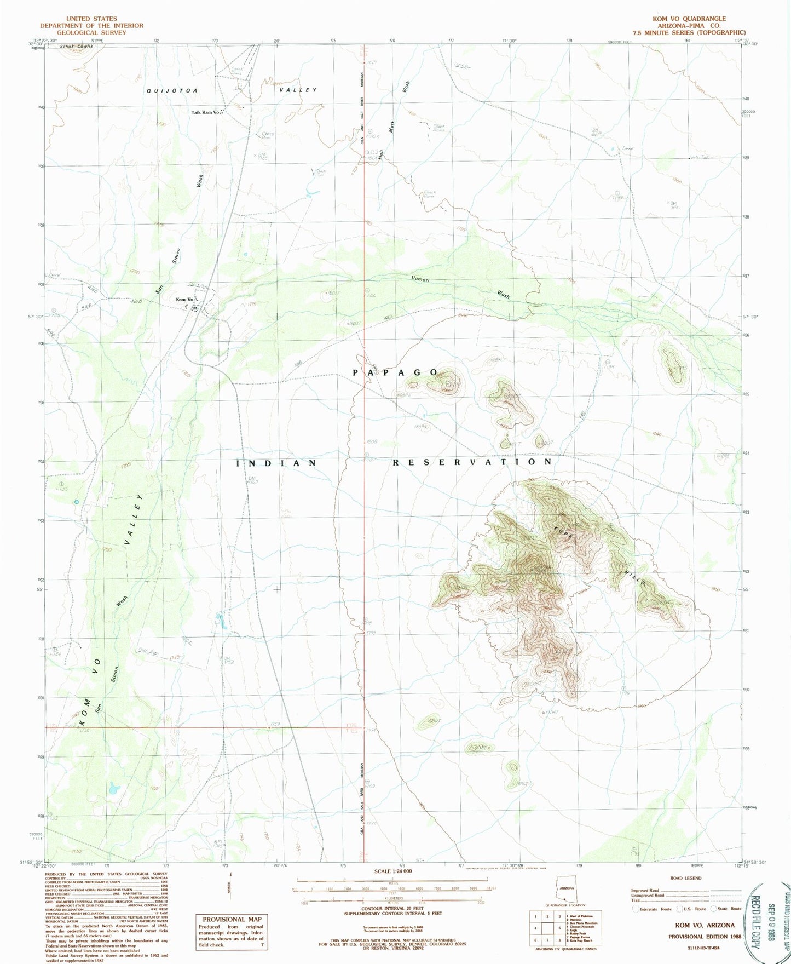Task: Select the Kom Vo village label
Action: (x=183, y=300)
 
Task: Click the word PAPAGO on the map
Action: (x=394, y=372)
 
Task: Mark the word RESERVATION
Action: (x=472, y=462)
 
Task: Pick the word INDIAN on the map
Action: (x=276, y=463)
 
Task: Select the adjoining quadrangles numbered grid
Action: (x=545, y=931)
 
